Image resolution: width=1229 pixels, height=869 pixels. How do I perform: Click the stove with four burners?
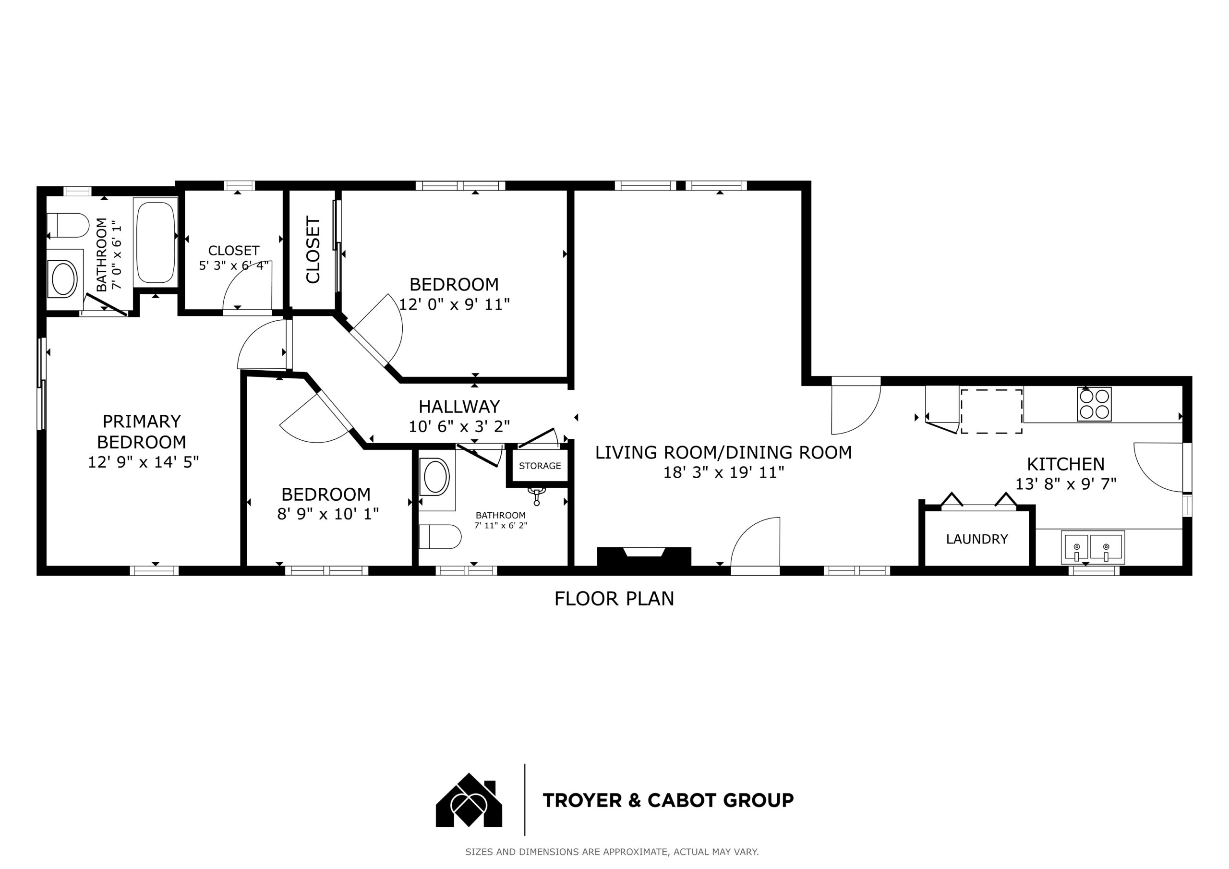[x=1094, y=404]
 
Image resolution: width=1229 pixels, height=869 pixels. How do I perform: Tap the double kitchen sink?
[x=1093, y=547]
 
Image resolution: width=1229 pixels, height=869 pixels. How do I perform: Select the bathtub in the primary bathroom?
[x=156, y=242]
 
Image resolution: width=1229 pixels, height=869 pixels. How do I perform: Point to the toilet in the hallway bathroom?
[x=440, y=536]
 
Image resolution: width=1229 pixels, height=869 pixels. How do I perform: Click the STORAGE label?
[x=540, y=466]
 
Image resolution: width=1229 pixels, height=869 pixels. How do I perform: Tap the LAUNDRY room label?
[x=977, y=539]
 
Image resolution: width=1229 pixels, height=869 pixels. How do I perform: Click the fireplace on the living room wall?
[x=644, y=556]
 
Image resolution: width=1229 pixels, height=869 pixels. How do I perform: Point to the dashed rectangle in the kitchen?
[x=991, y=411]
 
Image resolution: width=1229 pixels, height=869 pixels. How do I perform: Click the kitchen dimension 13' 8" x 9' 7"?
[x=1066, y=484]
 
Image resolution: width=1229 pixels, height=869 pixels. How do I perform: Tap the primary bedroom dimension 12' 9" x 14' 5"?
[x=143, y=462]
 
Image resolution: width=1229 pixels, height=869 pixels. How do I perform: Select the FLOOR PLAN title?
[x=614, y=599]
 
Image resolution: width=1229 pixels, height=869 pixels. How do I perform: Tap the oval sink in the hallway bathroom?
[x=436, y=477]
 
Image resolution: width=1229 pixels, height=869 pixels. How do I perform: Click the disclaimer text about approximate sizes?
[x=612, y=852]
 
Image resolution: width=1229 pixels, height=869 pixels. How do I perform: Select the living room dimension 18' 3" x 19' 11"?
[x=723, y=473]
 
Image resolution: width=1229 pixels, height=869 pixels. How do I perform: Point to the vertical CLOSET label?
[x=313, y=250]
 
